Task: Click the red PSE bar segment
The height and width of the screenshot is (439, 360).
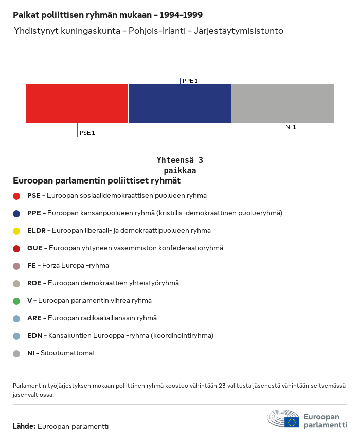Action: pyautogui.click(x=77, y=104)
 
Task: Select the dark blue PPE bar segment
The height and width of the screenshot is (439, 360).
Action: pyautogui.click(x=179, y=104)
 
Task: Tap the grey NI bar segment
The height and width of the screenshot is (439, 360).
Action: pyautogui.click(x=283, y=104)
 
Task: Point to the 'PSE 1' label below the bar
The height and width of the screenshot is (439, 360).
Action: pyautogui.click(x=87, y=133)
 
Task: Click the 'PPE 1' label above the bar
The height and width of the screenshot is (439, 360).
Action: pyautogui.click(x=190, y=81)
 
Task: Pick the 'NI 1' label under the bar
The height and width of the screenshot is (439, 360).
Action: pyautogui.click(x=291, y=127)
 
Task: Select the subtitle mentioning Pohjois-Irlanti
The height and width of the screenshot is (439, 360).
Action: pyautogui.click(x=149, y=31)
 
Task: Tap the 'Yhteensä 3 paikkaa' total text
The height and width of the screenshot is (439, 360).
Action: pyautogui.click(x=179, y=165)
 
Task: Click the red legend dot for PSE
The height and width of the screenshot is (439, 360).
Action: pyautogui.click(x=16, y=196)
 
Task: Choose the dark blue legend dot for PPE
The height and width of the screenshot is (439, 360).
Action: pyautogui.click(x=16, y=213)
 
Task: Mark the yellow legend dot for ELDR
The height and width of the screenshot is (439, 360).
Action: pyautogui.click(x=16, y=231)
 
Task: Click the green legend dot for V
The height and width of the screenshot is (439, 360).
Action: pyautogui.click(x=16, y=301)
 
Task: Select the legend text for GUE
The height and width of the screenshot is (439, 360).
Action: pyautogui.click(x=125, y=248)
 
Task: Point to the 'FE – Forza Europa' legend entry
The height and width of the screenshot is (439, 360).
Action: pyautogui.click(x=68, y=266)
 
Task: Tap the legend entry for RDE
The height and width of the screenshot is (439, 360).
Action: pyautogui.click(x=103, y=283)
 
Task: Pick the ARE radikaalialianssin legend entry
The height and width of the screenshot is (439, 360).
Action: pyautogui.click(x=92, y=318)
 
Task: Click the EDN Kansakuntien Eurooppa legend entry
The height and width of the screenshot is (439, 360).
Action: pyautogui.click(x=120, y=336)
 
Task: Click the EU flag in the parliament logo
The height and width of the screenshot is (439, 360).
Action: pyautogui.click(x=292, y=422)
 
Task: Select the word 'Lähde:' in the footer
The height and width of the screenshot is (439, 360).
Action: pyautogui.click(x=24, y=426)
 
